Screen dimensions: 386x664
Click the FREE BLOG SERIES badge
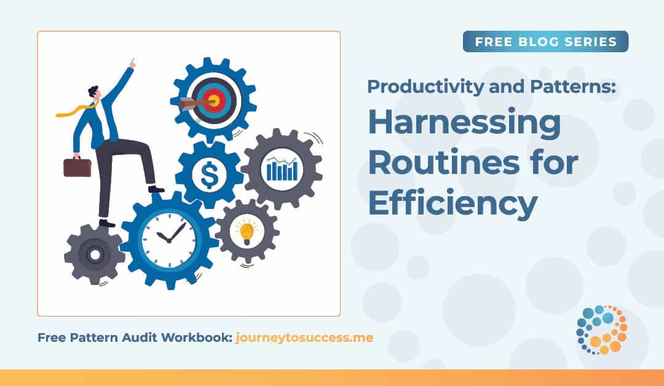point(545,42)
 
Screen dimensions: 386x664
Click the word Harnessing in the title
point(464,124)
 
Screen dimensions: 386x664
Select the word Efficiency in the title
point(453,203)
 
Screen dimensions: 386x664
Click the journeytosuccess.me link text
point(304,337)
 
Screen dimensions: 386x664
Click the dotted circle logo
point(601,330)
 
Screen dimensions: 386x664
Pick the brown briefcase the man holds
point(77,167)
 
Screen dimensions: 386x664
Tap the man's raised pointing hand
point(131,63)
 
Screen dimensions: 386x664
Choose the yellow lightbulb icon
point(247,232)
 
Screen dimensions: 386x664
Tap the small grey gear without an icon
point(95,254)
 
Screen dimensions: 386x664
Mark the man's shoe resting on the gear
point(156,189)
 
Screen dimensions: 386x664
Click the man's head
point(94,94)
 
